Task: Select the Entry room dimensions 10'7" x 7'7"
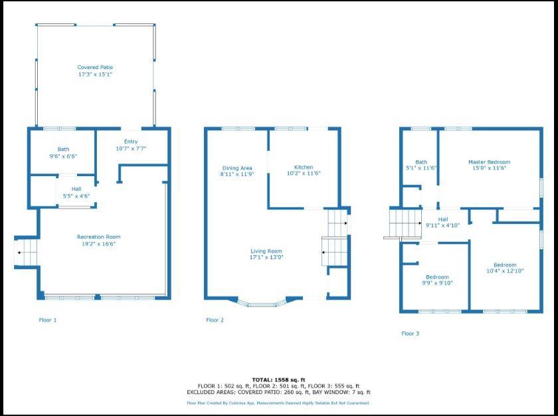click(x=130, y=148)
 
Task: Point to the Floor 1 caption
click(x=47, y=320)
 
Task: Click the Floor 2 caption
click(x=215, y=320)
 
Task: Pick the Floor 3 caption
click(x=410, y=334)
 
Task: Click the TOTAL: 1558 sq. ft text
click(x=278, y=379)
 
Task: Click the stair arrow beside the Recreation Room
click(x=20, y=253)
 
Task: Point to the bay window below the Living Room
click(x=266, y=304)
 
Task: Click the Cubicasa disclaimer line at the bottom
click(x=278, y=403)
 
